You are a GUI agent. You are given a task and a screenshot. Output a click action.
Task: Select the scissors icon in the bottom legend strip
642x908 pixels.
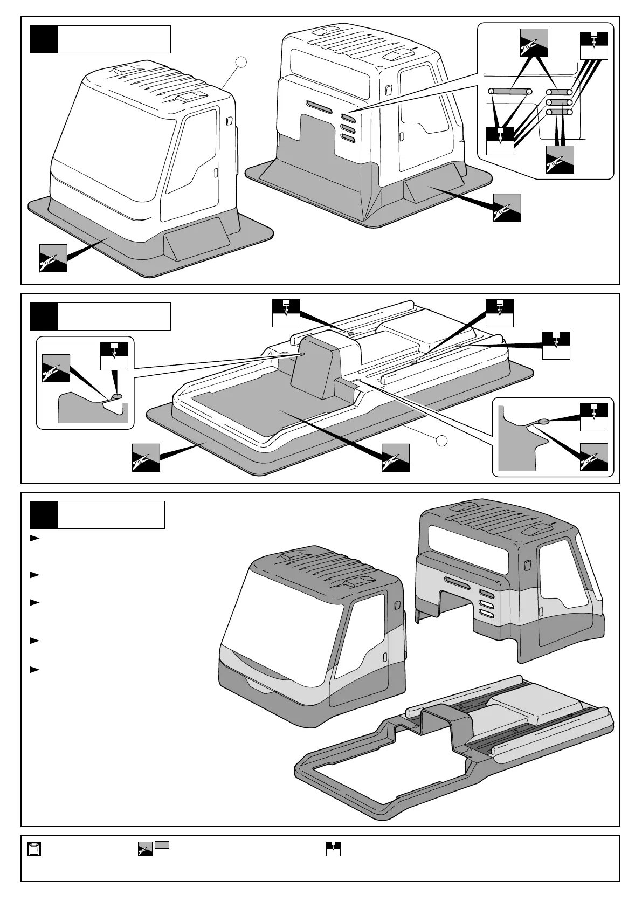[x=145, y=849]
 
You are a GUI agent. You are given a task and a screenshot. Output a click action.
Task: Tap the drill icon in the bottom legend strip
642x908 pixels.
[x=333, y=849]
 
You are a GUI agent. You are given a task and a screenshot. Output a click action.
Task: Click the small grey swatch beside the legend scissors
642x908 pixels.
[x=163, y=845]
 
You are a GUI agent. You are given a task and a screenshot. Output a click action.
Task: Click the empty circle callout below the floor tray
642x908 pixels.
[x=441, y=441]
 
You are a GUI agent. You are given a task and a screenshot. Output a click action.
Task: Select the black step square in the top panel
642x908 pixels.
[x=44, y=39]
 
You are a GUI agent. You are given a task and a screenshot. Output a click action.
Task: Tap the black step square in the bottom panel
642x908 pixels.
[x=44, y=515]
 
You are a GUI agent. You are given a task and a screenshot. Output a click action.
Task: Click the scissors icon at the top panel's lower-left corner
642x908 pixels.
[x=53, y=258]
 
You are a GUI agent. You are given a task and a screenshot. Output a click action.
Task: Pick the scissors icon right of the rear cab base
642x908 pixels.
[x=507, y=208]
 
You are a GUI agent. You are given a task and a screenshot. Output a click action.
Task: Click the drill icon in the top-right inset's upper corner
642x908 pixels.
[x=594, y=46]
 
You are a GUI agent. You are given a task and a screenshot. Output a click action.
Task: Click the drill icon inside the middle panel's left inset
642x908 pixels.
[x=114, y=356]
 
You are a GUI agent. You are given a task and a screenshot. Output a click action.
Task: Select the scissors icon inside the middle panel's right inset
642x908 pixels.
[x=594, y=457]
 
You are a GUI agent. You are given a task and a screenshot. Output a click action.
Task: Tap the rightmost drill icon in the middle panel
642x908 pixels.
[x=556, y=346]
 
